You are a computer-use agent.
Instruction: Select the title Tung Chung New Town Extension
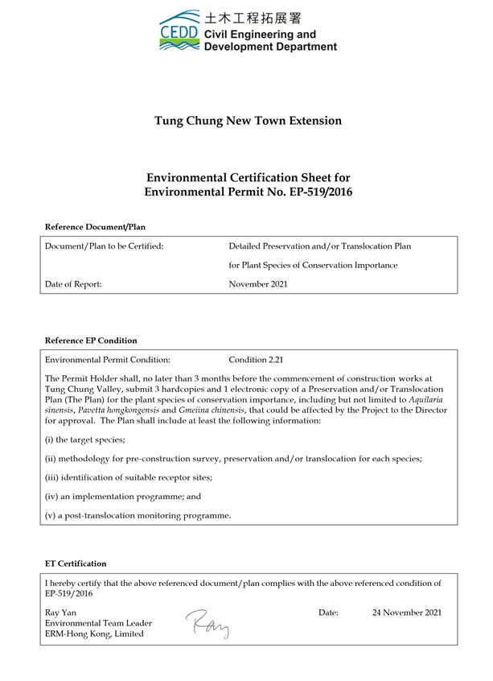[x=248, y=121]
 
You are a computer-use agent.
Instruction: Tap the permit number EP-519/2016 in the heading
[x=304, y=192]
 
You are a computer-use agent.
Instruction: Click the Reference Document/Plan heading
[x=95, y=227]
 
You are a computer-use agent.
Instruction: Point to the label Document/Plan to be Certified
[x=105, y=246]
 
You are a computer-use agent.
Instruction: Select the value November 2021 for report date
[x=258, y=284]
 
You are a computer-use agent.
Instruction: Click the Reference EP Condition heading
[x=91, y=340]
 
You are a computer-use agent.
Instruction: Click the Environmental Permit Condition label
[x=108, y=360]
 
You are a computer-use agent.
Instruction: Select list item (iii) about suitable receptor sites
[x=129, y=477]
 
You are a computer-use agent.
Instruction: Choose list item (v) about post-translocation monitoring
[x=138, y=515]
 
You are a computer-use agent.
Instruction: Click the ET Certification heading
[x=76, y=563]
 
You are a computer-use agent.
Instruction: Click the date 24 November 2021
[x=406, y=613]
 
